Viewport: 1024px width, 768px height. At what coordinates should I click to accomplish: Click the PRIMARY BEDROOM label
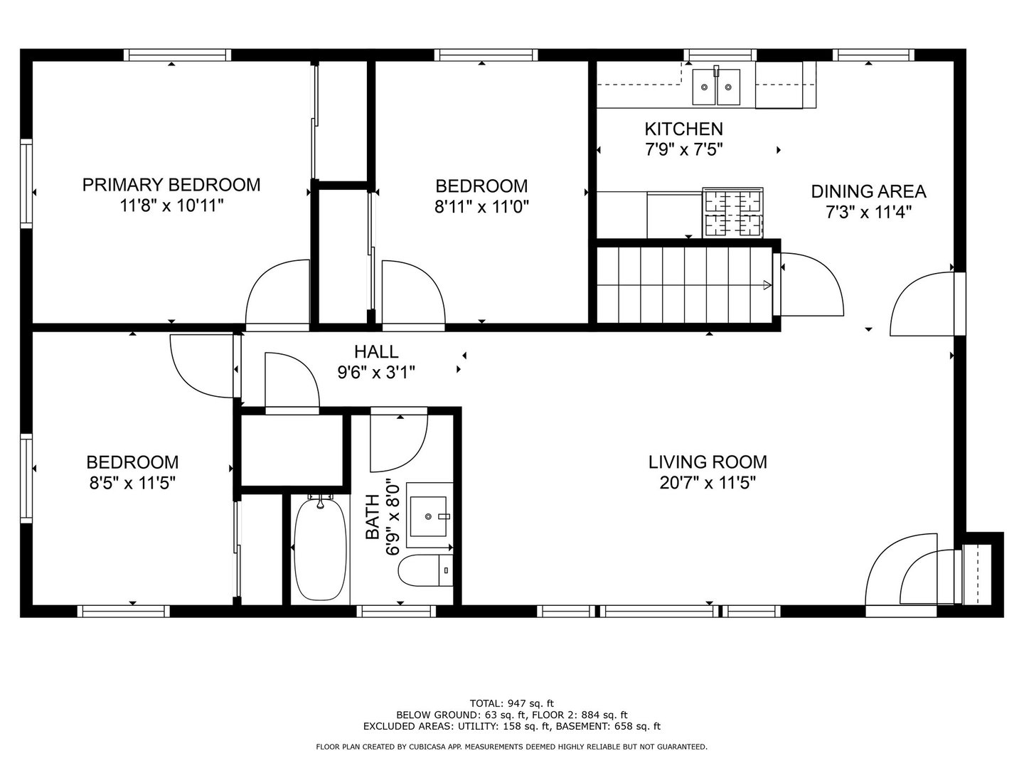pyautogui.click(x=171, y=185)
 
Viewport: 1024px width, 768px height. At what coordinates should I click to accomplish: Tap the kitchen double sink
pyautogui.click(x=715, y=87)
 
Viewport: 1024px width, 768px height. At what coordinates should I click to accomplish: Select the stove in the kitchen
pyautogui.click(x=733, y=213)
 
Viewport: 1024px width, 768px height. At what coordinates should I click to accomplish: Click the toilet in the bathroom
pyautogui.click(x=425, y=570)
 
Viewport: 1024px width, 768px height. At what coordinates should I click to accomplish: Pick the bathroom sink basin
pyautogui.click(x=428, y=517)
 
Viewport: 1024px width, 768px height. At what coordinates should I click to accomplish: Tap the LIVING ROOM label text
pyautogui.click(x=708, y=462)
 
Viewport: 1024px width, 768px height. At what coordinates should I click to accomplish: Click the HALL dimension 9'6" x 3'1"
pyautogui.click(x=376, y=373)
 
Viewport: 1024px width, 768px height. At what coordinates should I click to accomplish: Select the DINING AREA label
pyautogui.click(x=869, y=192)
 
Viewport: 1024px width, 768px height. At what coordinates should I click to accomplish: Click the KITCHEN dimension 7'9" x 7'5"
pyautogui.click(x=684, y=149)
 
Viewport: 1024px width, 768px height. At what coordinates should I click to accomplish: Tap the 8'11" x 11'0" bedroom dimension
pyautogui.click(x=482, y=206)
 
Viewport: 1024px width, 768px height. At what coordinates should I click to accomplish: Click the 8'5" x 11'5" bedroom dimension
pyautogui.click(x=132, y=483)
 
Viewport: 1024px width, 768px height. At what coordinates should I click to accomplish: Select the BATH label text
pyautogui.click(x=373, y=517)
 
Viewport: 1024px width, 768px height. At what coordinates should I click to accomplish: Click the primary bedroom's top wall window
pyautogui.click(x=178, y=55)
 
